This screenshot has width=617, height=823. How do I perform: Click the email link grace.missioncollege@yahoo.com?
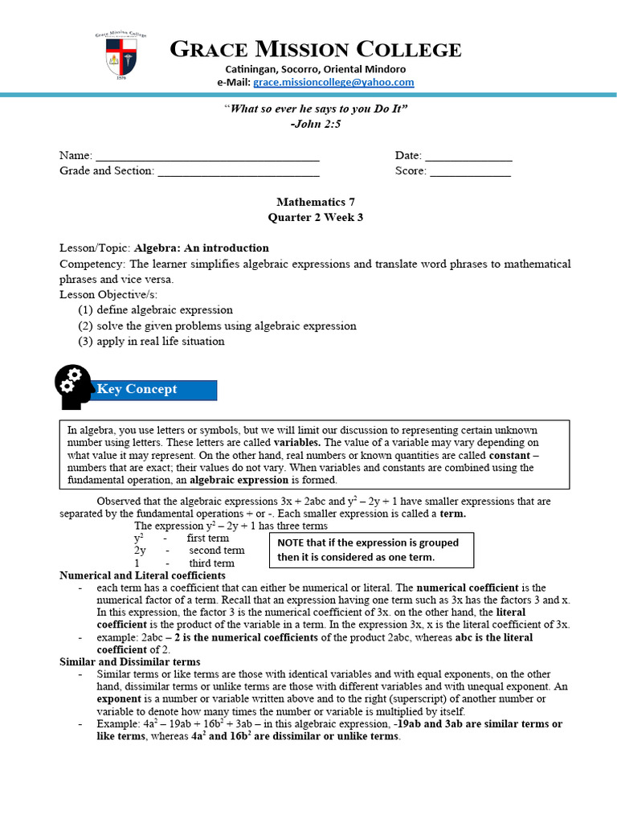pos(333,82)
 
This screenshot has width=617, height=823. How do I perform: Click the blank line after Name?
pos(207,156)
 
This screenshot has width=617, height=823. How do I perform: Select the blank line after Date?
pos(468,156)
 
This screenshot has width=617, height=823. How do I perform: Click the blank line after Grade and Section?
pos(238,171)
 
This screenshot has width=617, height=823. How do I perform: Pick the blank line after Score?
pos(470,171)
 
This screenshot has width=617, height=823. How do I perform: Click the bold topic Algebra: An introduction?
pos(202,248)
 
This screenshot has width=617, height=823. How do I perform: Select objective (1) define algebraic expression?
pos(155,309)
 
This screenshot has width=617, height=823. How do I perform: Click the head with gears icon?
pos(76,387)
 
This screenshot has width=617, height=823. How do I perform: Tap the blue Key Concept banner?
pos(157,390)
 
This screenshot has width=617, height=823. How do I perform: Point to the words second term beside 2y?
pos(217,551)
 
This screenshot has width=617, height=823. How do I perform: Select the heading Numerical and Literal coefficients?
pos(143,575)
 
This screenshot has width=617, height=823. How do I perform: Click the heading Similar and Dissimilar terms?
pos(130,661)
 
